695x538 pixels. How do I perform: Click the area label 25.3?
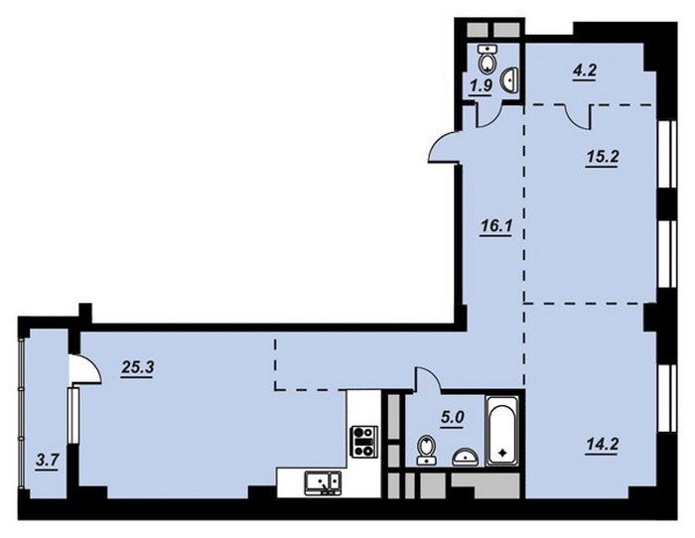tap(137, 368)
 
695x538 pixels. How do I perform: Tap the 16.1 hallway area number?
tap(496, 227)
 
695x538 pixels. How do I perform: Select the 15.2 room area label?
tap(603, 158)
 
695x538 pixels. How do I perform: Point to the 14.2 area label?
tap(602, 445)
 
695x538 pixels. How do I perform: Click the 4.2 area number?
tap(584, 70)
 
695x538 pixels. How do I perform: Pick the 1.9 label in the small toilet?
tap(481, 85)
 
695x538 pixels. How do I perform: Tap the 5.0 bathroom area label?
tap(451, 419)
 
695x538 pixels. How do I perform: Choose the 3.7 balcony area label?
tap(47, 462)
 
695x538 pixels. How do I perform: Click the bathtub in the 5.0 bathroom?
tap(502, 431)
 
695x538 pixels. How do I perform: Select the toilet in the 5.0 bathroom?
tap(427, 450)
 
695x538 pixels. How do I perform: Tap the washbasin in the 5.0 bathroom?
tap(465, 458)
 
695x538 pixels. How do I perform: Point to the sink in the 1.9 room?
tap(508, 80)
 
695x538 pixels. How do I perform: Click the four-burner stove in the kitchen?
tap(364, 442)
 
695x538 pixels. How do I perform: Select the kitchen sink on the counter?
tap(323, 483)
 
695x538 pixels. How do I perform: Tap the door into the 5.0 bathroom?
tap(427, 379)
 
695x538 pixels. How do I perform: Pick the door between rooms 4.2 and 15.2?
tap(579, 117)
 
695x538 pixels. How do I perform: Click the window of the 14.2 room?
tap(666, 398)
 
